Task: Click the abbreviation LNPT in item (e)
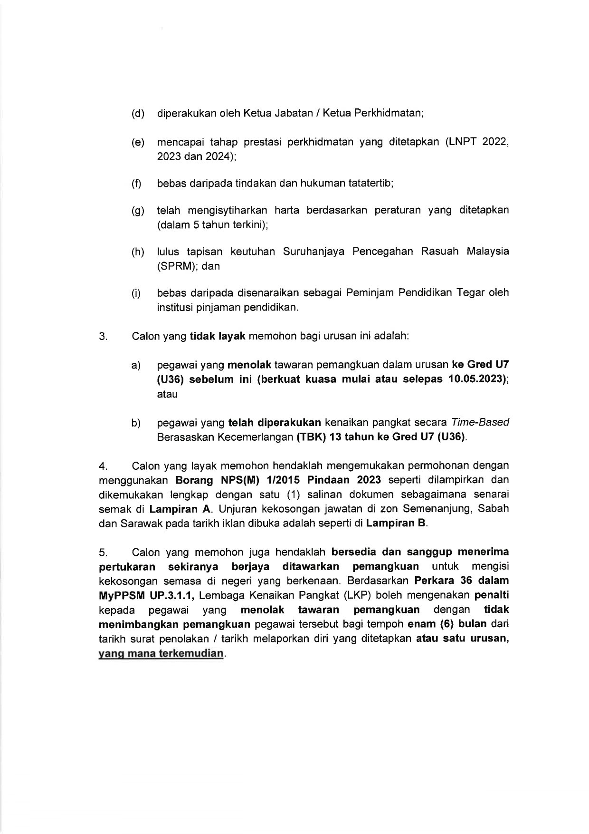coord(460,142)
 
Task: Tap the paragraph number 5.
coord(104,553)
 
